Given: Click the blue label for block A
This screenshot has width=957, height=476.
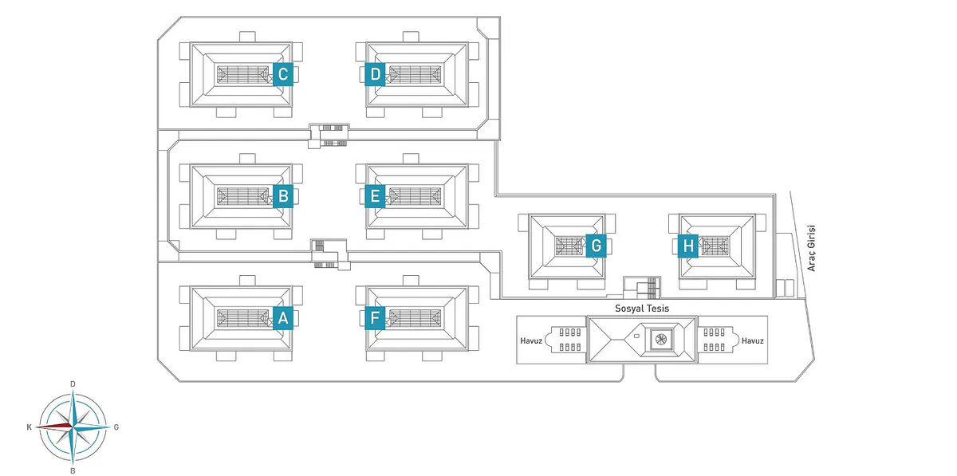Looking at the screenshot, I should coord(282,318).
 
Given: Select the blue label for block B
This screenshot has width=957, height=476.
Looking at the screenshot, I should coord(282,195).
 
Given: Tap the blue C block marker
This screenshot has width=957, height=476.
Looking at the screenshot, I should coord(282,74).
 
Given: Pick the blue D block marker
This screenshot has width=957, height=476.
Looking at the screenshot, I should coord(376,74).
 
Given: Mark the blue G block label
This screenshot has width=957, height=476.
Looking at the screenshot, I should coord(595,246).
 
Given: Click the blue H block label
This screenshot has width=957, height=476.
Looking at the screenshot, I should coord(688,246).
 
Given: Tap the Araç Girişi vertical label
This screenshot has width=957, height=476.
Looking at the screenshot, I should coord(811,247).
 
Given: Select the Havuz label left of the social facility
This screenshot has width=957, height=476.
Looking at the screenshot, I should coord(530,340).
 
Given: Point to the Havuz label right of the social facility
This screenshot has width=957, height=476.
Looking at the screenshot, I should coord(752,340).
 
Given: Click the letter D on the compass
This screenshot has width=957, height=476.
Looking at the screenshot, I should coord(73,384).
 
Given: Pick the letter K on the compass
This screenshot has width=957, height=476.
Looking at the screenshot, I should coord(30,427).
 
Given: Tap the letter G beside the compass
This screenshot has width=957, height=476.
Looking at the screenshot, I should coord(116,427).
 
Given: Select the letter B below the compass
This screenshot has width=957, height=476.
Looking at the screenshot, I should coord(73,470).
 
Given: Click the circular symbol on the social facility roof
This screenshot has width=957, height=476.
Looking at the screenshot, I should coord(660,340).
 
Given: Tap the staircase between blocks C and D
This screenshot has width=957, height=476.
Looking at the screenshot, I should coord(329,134).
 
